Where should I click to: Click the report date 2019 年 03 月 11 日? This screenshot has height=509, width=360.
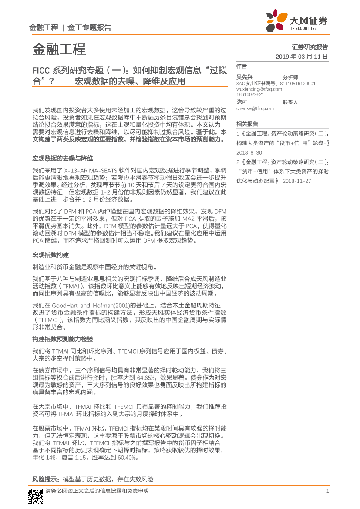click(x=301, y=57)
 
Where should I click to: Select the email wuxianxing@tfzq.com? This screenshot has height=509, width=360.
click(x=259, y=89)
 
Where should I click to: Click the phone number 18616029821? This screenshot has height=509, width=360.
click(x=250, y=94)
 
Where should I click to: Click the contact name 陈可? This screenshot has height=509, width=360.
click(x=242, y=102)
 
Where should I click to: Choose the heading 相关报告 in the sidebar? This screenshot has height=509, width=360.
click(x=247, y=124)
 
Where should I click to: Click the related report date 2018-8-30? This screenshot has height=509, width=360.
click(x=249, y=153)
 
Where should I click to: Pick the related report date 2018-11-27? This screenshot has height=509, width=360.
click(x=296, y=181)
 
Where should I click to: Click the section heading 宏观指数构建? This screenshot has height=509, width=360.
click(x=50, y=255)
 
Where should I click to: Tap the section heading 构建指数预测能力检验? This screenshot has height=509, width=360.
click(x=62, y=339)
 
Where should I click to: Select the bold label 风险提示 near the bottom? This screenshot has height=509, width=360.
click(x=46, y=479)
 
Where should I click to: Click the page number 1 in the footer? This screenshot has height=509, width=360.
click(x=327, y=491)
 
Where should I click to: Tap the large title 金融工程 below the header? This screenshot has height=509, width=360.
click(x=59, y=49)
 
